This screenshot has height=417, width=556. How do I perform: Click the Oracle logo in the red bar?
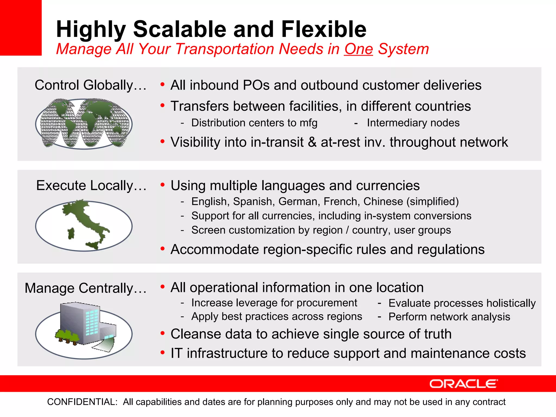click(x=463, y=384)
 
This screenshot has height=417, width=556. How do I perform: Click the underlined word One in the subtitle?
click(x=358, y=49)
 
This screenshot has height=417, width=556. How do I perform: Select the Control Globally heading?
click(x=90, y=85)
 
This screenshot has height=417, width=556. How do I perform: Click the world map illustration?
click(x=84, y=124)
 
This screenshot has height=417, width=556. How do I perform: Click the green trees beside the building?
click(x=67, y=336)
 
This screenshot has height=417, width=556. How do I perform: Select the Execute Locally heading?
click(x=91, y=185)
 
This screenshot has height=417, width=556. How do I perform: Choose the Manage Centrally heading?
click(x=86, y=288)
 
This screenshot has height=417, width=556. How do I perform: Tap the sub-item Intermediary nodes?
click(x=413, y=123)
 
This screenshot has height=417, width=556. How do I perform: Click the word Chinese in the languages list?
click(x=383, y=201)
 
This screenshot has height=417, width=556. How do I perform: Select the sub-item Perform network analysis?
click(x=449, y=317)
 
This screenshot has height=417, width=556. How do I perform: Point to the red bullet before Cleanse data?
click(x=162, y=333)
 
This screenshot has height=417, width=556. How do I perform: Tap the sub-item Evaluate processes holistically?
click(x=462, y=303)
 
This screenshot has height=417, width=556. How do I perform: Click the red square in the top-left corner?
click(x=21, y=27)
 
